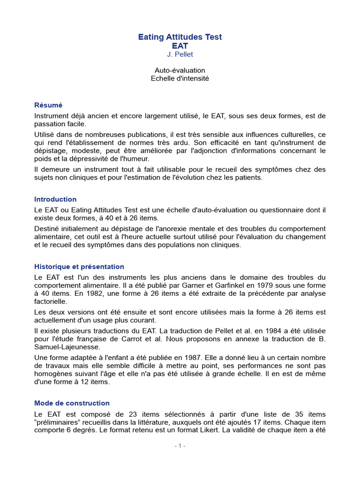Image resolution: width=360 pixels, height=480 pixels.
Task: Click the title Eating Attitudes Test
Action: click(180, 37)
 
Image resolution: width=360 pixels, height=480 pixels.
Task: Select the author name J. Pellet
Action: click(180, 55)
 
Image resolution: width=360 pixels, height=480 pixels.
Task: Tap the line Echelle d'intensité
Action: click(180, 78)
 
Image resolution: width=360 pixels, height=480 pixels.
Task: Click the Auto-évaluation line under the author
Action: click(180, 70)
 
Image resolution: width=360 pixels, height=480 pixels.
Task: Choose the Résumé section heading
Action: click(48, 105)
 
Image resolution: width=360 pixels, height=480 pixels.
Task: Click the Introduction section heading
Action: click(55, 199)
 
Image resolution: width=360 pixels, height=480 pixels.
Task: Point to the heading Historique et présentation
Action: click(79, 267)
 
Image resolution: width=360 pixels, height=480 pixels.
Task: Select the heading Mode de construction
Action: click(72, 403)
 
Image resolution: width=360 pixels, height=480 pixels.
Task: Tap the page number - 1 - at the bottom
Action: click(180, 446)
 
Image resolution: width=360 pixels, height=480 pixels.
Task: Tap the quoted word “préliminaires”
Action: click(56, 422)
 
